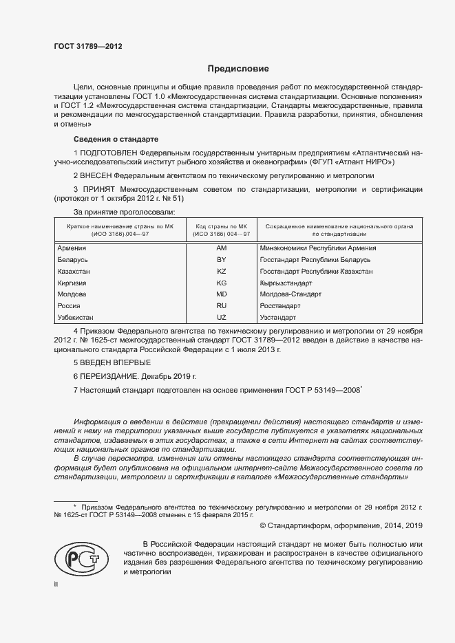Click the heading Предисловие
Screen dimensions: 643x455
pos(238,69)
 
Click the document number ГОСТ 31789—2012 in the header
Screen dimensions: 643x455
pos(88,47)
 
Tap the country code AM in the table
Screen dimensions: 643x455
pos(222,248)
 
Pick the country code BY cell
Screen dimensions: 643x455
pos(222,259)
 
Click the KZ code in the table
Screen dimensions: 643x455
pos(222,271)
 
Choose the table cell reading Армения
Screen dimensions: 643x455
pos(72,248)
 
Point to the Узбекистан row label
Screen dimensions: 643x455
pos(76,318)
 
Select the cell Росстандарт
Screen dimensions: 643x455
pos(280,306)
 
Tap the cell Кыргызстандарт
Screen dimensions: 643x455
pos(286,283)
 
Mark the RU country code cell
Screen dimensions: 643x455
pos(222,306)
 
